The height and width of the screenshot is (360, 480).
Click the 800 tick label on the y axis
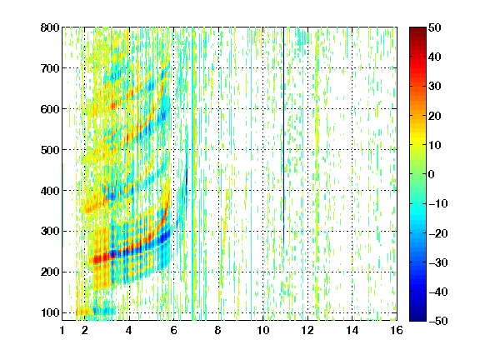click(50, 27)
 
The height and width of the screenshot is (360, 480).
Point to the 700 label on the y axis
click(50, 68)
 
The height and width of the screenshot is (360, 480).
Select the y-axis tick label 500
click(50, 150)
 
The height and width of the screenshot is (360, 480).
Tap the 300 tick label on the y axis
click(50, 232)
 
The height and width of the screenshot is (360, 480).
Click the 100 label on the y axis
click(50, 312)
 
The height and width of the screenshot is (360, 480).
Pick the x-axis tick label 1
click(62, 330)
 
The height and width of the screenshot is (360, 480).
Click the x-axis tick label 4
click(129, 330)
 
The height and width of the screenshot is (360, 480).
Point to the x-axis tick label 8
click(217, 330)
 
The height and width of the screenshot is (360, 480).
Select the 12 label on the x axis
click(307, 330)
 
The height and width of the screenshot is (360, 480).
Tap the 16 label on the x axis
click(396, 330)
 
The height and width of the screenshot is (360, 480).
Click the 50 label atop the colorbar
click(434, 27)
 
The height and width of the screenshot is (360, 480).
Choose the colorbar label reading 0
click(432, 174)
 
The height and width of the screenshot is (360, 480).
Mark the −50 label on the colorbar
click(438, 321)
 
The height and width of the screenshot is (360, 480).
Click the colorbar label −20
click(438, 233)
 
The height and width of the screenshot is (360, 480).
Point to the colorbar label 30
click(434, 87)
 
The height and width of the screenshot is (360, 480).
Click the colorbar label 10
click(434, 145)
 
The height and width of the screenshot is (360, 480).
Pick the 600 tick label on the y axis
click(50, 109)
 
